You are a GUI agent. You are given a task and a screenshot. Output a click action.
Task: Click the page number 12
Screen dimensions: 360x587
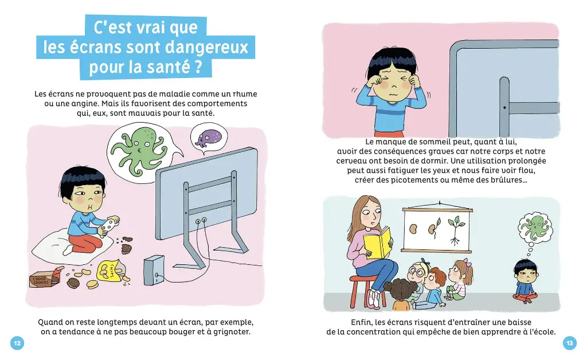tap(17, 343)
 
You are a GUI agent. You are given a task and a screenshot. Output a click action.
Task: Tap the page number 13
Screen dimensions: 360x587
tap(569, 343)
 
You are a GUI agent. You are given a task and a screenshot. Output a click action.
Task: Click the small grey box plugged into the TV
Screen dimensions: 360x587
tap(154, 269)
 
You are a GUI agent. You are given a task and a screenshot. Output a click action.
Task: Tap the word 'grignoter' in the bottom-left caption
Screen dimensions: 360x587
tap(232, 331)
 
